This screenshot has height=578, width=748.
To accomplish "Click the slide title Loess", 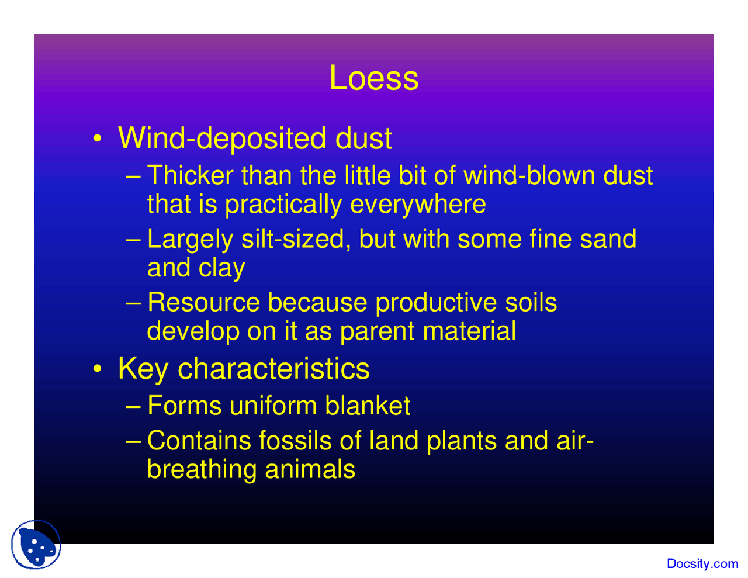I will (374, 78).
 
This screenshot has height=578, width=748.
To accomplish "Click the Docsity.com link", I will (702, 564).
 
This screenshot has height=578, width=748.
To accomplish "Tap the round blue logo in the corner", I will (36, 545).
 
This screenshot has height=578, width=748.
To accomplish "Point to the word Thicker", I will (190, 175).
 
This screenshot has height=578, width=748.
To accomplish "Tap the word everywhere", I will (418, 204).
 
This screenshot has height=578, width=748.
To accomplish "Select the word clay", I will (221, 268).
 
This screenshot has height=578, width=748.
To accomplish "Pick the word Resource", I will (203, 302).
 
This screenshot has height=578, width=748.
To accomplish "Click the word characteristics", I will (273, 369).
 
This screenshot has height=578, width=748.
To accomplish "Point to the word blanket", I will (368, 406).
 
